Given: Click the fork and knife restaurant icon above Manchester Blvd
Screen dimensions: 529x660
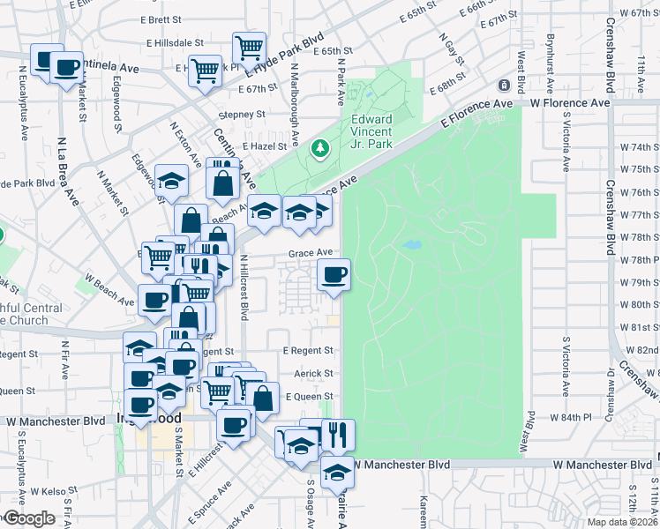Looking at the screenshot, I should (338, 435).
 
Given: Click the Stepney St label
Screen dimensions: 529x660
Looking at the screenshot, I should (242, 115).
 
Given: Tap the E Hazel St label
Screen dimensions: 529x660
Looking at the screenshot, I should (264, 146).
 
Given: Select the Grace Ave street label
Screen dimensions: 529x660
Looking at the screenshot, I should (309, 253).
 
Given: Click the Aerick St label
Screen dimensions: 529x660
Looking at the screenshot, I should (313, 374).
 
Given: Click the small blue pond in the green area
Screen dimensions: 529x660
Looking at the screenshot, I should (410, 244).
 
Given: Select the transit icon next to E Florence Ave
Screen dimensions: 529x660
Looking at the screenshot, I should (504, 86).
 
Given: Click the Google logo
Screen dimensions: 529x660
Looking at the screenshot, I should (30, 518).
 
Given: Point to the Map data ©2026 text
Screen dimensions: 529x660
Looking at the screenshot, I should (622, 522).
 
